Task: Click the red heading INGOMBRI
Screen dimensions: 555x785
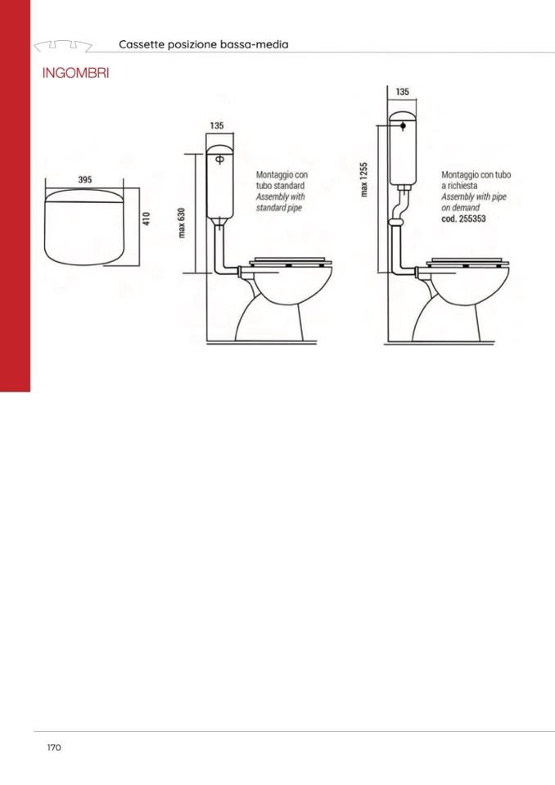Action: [75, 73]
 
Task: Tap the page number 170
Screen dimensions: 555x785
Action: [54, 747]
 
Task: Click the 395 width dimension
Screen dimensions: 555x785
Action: [85, 179]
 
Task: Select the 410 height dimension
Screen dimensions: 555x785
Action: [147, 219]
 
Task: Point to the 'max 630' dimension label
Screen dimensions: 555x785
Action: [182, 223]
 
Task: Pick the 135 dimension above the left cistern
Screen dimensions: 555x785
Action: [217, 126]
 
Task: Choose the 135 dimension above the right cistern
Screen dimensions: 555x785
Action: [403, 92]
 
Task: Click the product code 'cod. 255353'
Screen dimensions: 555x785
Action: [463, 219]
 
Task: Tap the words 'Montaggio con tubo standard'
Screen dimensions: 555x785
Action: [282, 180]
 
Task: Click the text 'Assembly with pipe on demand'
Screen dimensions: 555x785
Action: [474, 202]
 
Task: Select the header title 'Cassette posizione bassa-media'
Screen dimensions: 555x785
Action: [204, 44]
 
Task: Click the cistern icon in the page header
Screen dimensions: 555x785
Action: [63, 46]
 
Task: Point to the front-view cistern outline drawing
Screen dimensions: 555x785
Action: [84, 227]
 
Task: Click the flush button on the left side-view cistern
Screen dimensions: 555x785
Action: [219, 160]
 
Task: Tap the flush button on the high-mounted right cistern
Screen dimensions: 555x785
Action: [403, 126]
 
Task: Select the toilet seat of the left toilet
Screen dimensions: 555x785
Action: [291, 262]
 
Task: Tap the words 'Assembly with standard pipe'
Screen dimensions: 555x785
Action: [280, 202]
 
